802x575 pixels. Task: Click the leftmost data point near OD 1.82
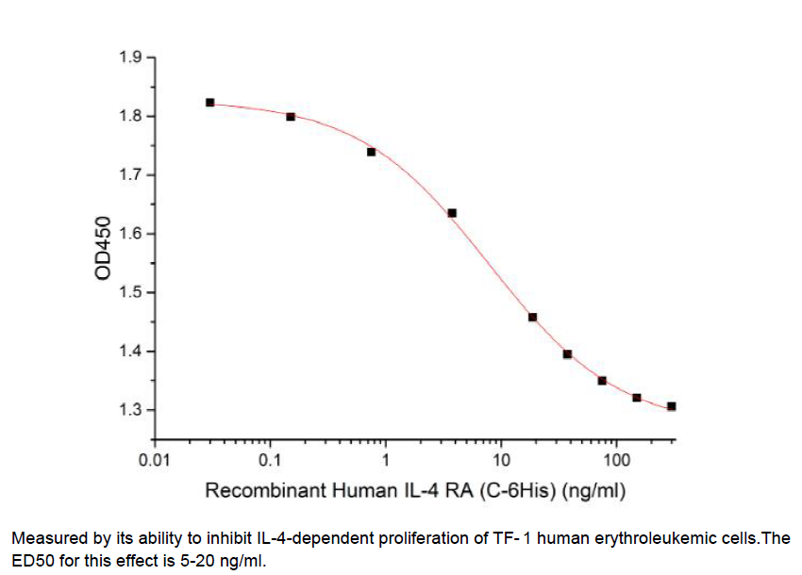209,102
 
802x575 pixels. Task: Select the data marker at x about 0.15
291,117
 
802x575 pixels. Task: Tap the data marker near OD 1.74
371,152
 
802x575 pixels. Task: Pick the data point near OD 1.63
452,213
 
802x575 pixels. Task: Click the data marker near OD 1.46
533,318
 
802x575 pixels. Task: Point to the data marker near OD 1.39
568,354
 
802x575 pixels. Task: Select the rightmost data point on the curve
672,406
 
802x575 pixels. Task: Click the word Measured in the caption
46,538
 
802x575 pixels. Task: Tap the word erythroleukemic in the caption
643,538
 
